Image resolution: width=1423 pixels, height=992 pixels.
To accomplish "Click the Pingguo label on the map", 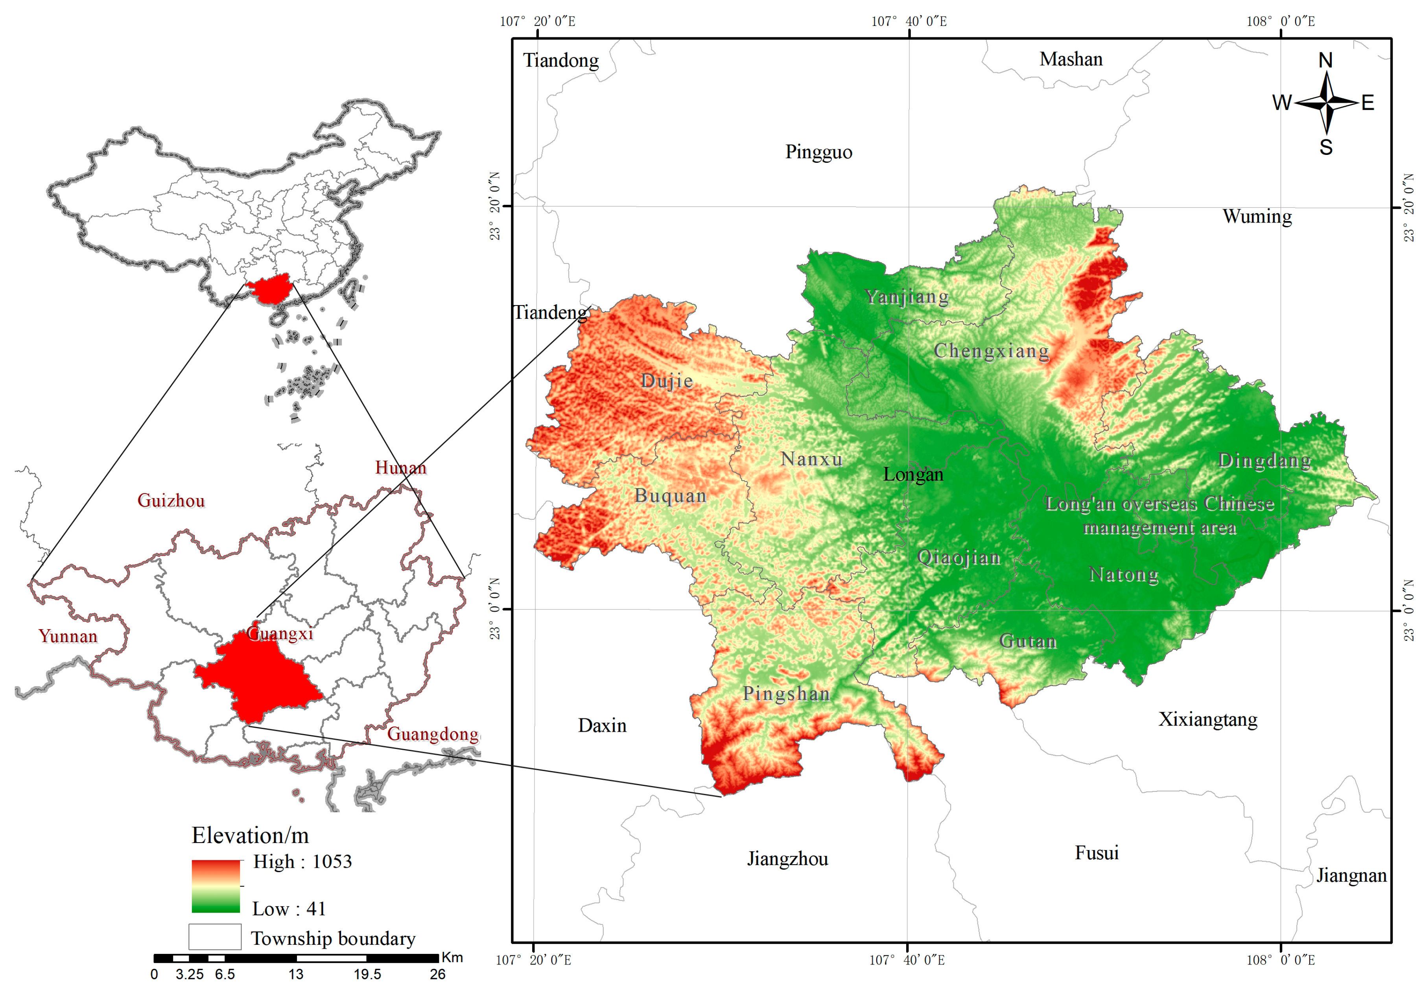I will tap(818, 152).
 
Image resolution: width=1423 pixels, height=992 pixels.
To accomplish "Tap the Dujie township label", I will tap(667, 381).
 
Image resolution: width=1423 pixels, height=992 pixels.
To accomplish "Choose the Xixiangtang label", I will tap(1207, 720).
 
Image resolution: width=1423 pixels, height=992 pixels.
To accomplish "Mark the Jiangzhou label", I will tap(787, 859).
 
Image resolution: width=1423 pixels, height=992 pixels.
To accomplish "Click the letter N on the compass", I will tap(1325, 60).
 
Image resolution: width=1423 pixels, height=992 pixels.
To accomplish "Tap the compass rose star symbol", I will tap(1326, 102).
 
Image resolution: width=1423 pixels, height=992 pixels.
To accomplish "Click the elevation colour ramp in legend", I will tap(216, 886).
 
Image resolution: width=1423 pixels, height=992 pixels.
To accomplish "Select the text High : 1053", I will tap(302, 862).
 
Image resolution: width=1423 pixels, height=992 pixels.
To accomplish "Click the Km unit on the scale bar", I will tap(452, 957).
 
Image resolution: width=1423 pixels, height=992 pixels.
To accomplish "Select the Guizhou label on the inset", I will tap(171, 500).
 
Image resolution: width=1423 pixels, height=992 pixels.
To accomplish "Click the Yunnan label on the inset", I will tap(68, 636).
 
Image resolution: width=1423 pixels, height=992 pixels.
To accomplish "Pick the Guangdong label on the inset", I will tap(433, 734).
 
